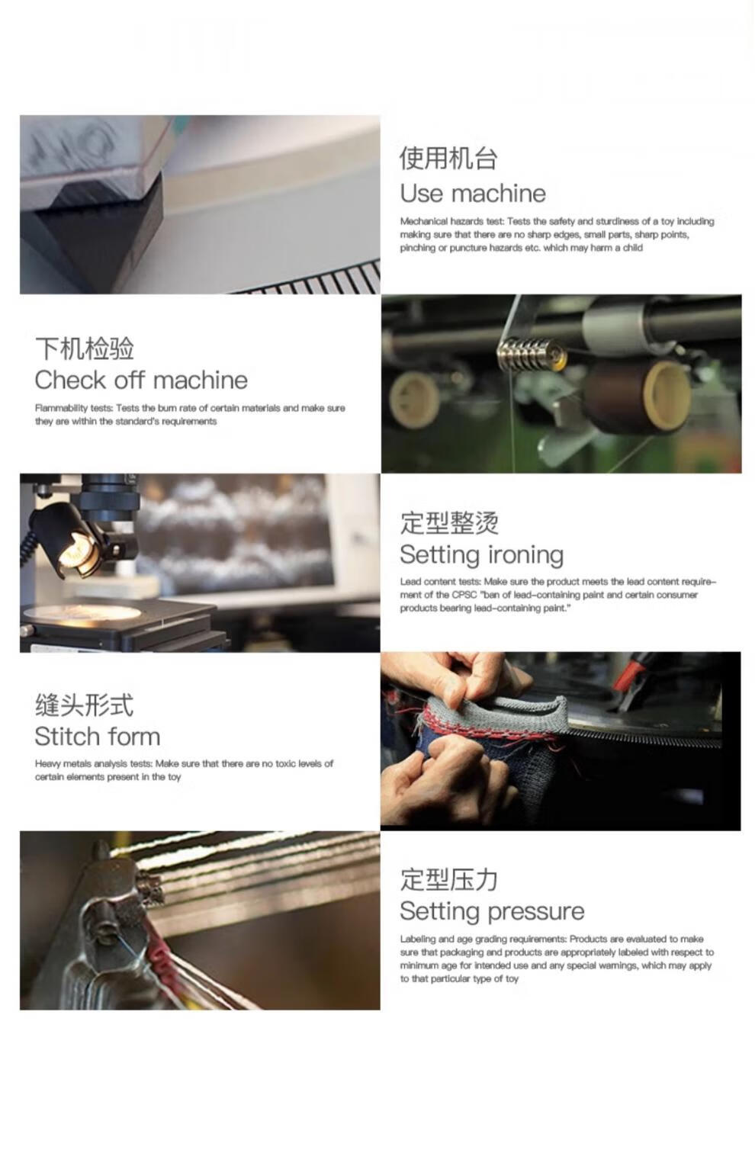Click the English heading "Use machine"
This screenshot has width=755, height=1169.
pos(473,194)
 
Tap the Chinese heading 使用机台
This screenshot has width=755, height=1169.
pos(448,158)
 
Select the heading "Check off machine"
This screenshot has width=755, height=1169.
pos(141,380)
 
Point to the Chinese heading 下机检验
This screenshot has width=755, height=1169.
pos(85,348)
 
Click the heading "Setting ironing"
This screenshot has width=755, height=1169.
pos(481,555)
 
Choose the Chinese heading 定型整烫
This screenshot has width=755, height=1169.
pos(449,523)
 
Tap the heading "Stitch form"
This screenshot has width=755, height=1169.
pos(97,737)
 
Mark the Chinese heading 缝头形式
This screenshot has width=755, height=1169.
pos(84,705)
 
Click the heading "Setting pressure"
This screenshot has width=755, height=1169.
pos(492,912)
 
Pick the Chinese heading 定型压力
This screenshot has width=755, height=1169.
pos(448,880)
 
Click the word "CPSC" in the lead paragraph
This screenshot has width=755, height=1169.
pos(464,595)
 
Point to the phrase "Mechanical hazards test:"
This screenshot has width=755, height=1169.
pos(451,221)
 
